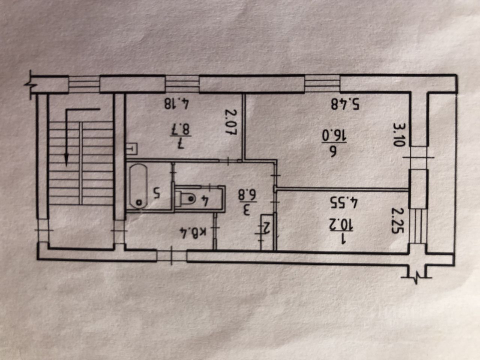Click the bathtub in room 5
tap(138, 186)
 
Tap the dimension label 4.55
tap(343, 202)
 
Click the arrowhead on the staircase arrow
tap(66, 159)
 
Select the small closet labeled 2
tap(267, 230)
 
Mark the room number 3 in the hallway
tap(246, 210)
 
